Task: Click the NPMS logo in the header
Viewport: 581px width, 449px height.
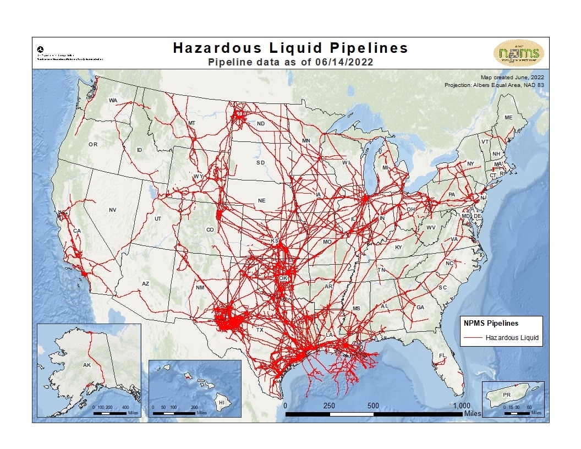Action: click(x=519, y=53)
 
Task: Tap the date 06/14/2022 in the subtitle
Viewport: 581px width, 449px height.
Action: click(x=343, y=62)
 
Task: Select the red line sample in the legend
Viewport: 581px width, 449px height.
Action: click(x=472, y=337)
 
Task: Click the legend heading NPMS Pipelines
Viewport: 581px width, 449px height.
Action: click(x=491, y=324)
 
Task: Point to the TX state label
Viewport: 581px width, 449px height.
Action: click(x=260, y=330)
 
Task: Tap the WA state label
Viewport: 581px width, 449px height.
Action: click(x=113, y=100)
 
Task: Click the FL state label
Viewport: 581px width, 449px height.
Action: click(x=441, y=355)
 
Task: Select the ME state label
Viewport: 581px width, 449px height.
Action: click(x=508, y=118)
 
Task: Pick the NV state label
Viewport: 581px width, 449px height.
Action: click(x=113, y=210)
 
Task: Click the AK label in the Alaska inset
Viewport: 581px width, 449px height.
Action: click(x=86, y=365)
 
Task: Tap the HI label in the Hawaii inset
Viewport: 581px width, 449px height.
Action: click(x=222, y=402)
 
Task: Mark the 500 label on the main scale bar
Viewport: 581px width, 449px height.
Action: click(x=373, y=406)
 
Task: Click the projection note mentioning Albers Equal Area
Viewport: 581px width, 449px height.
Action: click(x=495, y=85)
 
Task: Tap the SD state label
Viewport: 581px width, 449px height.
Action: click(x=260, y=163)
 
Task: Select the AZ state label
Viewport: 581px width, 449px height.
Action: click(x=145, y=283)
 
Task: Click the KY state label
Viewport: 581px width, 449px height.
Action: click(x=399, y=247)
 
